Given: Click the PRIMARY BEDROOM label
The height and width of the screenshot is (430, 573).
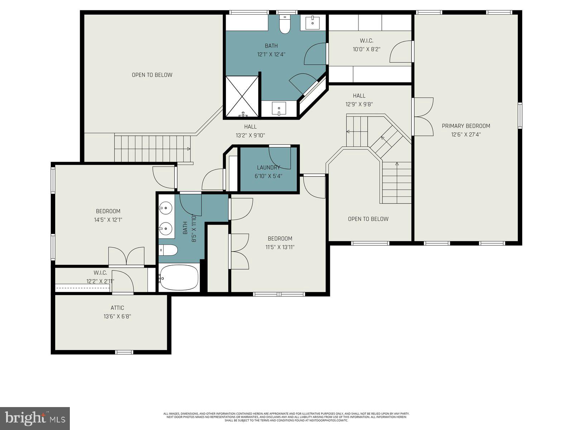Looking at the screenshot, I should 466,126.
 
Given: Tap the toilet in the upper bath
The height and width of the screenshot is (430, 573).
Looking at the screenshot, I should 285,25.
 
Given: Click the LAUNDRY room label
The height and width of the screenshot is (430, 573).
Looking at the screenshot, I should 268,167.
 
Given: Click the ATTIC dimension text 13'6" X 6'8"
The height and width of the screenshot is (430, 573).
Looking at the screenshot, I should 117,316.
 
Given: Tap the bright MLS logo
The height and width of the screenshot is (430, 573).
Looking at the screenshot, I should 35,418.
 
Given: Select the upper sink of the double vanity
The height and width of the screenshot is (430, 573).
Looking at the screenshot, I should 166,207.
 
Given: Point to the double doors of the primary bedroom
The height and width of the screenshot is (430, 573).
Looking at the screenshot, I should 424,117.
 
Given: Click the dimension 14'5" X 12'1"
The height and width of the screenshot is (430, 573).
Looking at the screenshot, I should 108,220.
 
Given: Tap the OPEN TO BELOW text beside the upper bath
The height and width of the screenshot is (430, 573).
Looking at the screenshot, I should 152,75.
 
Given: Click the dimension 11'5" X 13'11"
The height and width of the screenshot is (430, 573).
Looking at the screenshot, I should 280,247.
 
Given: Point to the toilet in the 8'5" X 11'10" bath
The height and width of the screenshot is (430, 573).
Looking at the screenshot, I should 168,250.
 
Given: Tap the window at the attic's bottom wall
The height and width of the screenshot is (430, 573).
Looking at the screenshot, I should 124,352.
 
